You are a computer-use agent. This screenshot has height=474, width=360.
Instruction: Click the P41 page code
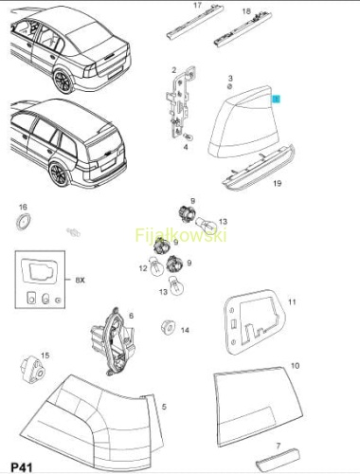(x=21, y=466)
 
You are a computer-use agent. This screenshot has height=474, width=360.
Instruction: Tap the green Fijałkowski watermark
(x=181, y=235)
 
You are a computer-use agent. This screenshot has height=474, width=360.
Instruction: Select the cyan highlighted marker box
(x=277, y=100)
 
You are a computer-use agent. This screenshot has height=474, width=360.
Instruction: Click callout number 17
(x=197, y=6)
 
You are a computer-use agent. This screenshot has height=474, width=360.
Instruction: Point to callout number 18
(x=246, y=11)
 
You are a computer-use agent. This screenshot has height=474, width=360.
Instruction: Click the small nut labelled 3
(x=230, y=86)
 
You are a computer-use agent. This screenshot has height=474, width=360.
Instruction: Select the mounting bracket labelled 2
(x=180, y=101)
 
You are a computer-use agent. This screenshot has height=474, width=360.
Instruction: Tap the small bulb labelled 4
(x=189, y=137)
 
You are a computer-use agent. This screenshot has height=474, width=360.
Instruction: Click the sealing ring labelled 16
(x=24, y=222)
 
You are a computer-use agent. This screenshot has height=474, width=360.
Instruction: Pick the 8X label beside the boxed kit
(x=81, y=280)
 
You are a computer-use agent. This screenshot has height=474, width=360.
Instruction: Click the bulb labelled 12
(x=156, y=268)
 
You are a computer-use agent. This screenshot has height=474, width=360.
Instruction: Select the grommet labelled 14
(x=168, y=327)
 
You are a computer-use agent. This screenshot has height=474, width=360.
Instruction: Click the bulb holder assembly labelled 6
(x=113, y=342)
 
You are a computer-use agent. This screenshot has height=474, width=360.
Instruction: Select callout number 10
(x=295, y=366)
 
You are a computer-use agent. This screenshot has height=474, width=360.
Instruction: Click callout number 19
(x=278, y=183)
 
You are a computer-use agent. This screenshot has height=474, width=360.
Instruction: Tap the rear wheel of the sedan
(x=63, y=81)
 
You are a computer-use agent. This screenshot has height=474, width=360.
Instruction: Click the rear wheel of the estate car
(x=60, y=173)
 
